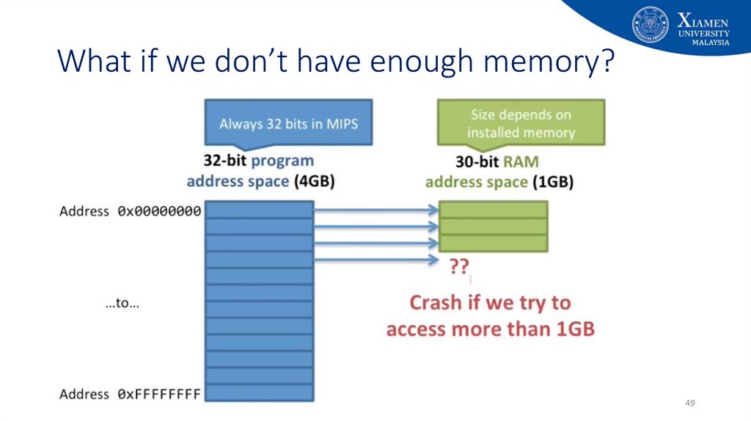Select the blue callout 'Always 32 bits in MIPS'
click(x=288, y=123)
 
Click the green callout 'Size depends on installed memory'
click(x=521, y=123)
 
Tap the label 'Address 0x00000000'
click(x=130, y=211)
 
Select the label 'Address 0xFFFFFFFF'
click(x=130, y=394)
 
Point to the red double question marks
click(x=459, y=267)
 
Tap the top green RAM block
click(x=493, y=210)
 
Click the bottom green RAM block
click(x=493, y=244)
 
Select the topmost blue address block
click(x=259, y=210)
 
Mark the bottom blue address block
click(x=259, y=392)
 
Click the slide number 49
click(x=689, y=403)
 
